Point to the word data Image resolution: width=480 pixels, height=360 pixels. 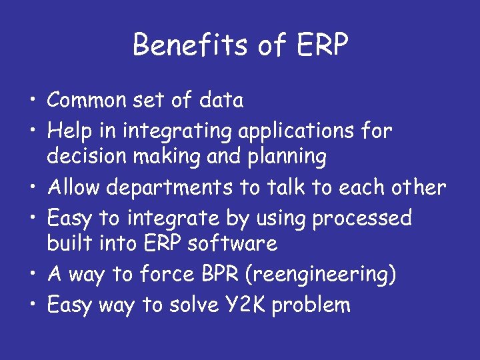pyautogui.click(x=220, y=101)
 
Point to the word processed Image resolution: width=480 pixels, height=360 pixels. pyautogui.click(x=365, y=219)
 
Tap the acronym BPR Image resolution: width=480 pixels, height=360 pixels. pyautogui.click(x=213, y=274)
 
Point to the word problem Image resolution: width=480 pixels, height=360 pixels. pyautogui.click(x=311, y=306)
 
